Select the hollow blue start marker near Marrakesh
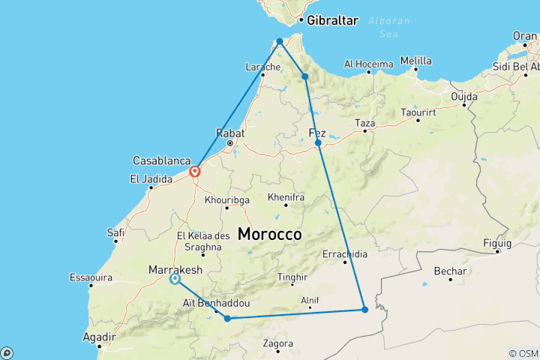[175, 279]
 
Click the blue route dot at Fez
[318, 142]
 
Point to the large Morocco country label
[270, 234]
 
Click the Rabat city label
[231, 133]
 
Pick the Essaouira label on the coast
[90, 277]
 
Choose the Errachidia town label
[345, 253]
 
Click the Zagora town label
[278, 343]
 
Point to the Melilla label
[416, 61]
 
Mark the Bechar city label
[451, 271]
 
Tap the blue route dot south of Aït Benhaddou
[227, 319]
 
